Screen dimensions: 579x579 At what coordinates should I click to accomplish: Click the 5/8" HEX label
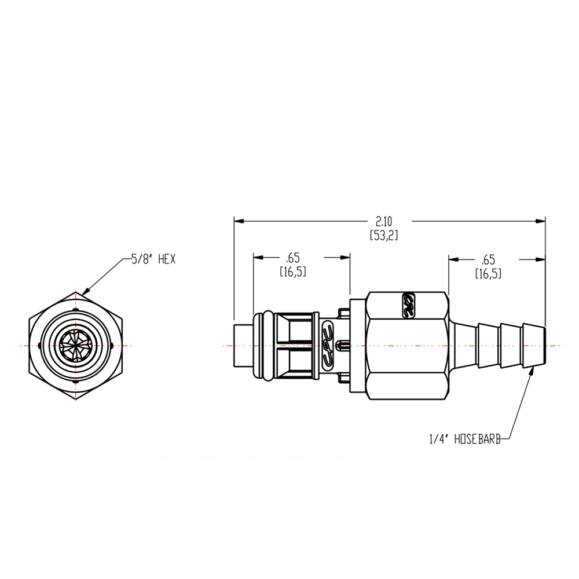coord(153,259)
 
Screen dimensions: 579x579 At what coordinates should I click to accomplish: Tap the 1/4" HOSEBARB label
coord(465,439)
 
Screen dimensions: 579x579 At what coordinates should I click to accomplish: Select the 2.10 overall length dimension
coord(384,222)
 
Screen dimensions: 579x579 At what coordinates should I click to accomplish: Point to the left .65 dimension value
coord(293,258)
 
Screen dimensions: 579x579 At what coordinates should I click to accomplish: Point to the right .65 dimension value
coord(488,259)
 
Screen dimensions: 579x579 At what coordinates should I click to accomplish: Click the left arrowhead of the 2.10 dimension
coord(239,221)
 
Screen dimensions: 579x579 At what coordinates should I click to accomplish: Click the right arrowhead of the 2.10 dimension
coord(541,221)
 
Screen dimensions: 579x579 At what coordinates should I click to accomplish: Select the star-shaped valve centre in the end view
coord(76,346)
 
